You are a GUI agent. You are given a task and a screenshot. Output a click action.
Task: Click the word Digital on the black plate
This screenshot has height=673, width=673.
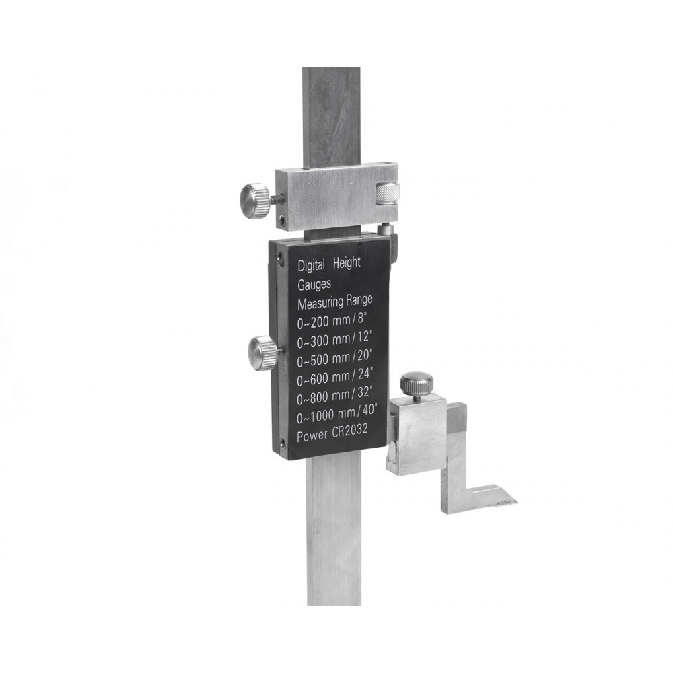[311, 265]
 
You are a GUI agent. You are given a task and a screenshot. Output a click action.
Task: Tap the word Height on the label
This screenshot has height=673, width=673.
[347, 263]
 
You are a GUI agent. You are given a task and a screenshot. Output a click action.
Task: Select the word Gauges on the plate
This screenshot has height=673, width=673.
[314, 285]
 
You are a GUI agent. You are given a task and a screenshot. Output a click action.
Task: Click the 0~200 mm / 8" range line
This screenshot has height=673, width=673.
[332, 322]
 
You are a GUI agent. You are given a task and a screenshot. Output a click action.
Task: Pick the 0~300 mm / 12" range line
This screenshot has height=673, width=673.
[334, 341]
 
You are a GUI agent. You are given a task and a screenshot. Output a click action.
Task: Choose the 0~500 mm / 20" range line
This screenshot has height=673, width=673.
[334, 359]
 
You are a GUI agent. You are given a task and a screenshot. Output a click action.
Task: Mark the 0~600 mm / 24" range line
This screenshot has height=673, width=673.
[335, 378]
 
